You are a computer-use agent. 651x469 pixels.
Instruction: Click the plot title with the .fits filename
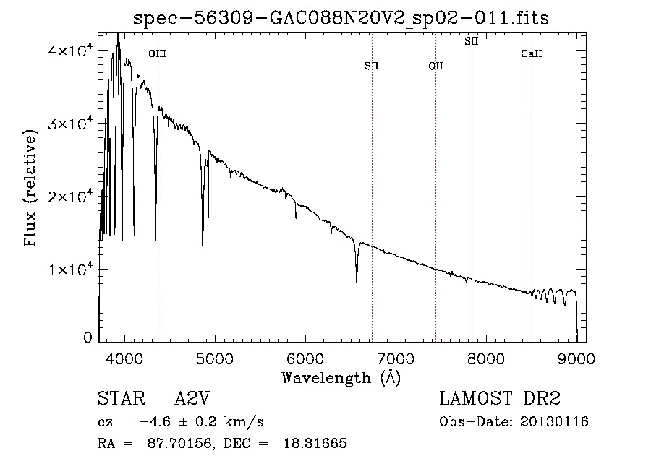point(341,18)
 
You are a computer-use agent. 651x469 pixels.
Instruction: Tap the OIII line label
point(158,53)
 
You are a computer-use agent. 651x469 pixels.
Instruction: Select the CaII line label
point(532,53)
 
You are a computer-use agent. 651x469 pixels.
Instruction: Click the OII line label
point(436,66)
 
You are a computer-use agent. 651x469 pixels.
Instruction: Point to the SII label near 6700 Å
point(372,66)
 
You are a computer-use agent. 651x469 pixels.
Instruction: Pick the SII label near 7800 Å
point(471,41)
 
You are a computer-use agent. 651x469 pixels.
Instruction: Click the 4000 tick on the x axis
point(124,358)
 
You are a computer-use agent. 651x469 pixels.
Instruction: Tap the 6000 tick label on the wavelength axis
point(305,358)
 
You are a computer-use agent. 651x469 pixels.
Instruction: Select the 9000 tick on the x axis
point(576,358)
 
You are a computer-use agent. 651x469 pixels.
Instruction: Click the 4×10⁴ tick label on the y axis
point(69,50)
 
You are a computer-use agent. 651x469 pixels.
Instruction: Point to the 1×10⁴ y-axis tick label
point(69,269)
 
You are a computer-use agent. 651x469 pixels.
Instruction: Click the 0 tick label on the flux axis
point(88,337)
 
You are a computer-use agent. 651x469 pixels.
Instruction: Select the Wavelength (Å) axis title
point(341,378)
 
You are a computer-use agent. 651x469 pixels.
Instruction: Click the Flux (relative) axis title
point(30,188)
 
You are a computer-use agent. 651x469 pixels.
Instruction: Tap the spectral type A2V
point(192,398)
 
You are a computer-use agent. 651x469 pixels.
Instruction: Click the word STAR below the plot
point(122,398)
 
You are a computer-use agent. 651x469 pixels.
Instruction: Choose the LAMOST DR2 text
point(500,398)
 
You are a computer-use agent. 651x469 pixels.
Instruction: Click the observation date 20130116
point(554,422)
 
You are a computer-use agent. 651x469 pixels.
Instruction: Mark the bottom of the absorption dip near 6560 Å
point(357,283)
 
